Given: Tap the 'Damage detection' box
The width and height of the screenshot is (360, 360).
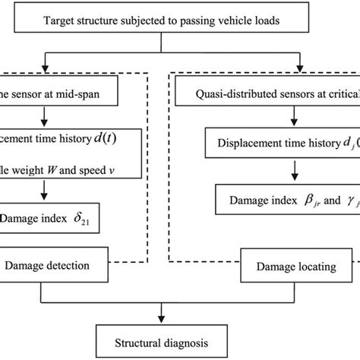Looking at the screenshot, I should [x=48, y=266].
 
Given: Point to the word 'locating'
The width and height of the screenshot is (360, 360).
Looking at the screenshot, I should [x=305, y=266].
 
